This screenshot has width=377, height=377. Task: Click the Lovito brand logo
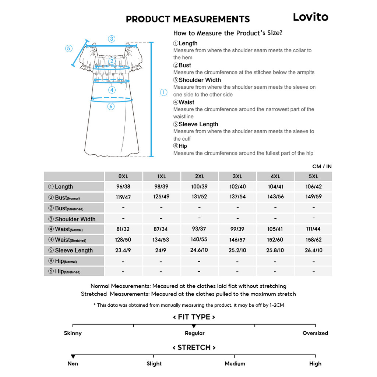(x=310, y=17)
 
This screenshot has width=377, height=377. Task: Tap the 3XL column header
(x=237, y=176)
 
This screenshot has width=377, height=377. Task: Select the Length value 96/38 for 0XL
(x=123, y=187)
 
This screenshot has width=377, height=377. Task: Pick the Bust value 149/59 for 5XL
(x=313, y=197)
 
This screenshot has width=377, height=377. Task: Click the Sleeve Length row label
(x=74, y=250)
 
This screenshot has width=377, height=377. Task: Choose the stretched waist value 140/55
(x=199, y=239)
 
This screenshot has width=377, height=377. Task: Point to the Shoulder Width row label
(x=75, y=219)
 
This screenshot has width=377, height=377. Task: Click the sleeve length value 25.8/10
(x=275, y=250)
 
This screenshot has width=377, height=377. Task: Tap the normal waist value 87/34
(x=161, y=229)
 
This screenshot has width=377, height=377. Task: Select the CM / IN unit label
(x=322, y=166)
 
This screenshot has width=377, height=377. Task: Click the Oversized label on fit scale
(x=315, y=333)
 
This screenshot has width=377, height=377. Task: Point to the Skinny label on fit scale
(x=73, y=333)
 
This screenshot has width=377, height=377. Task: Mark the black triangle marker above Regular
(x=194, y=326)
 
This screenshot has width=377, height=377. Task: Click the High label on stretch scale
(x=315, y=364)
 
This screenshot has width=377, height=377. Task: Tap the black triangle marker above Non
(x=73, y=356)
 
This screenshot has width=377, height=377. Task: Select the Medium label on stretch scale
(x=235, y=364)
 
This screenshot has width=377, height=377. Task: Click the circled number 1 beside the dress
(x=163, y=93)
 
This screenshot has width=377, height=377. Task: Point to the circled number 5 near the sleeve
(x=69, y=49)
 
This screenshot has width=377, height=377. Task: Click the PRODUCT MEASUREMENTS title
(x=188, y=19)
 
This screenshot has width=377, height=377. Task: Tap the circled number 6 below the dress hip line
(x=111, y=107)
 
